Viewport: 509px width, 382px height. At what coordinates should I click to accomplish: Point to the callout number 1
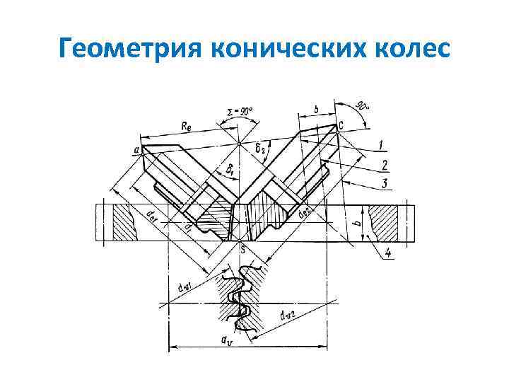coord(382,145)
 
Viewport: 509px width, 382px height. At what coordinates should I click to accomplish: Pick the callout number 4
coord(390,253)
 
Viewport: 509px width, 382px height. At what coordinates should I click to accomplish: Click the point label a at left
coord(135,149)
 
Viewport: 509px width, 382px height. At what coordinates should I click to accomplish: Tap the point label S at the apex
coord(242,249)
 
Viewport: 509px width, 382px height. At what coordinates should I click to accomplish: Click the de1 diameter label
coord(152,214)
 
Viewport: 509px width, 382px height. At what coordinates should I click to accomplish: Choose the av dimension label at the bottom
coord(227,340)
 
